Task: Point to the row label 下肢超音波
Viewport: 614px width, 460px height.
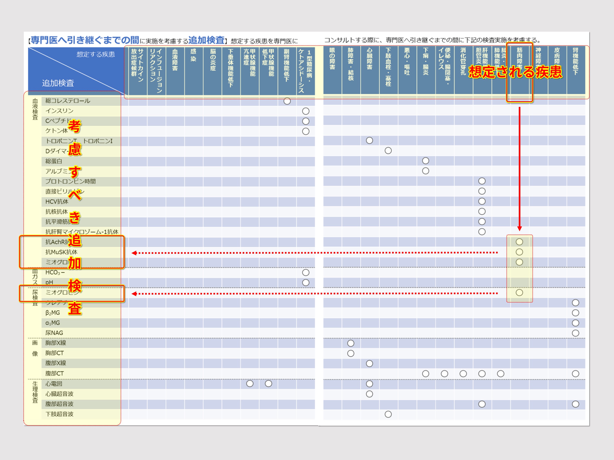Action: pos(59,414)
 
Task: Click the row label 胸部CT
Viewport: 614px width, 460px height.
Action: pos(55,353)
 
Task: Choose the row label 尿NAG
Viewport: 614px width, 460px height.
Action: pos(54,333)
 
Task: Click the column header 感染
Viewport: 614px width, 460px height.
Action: pos(193,55)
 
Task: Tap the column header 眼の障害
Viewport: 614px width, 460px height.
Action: pos(332,59)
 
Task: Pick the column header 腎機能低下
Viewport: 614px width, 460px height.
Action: pos(575,61)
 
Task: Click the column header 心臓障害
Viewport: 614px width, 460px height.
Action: pos(370,59)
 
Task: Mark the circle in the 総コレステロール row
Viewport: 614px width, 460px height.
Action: pos(287,101)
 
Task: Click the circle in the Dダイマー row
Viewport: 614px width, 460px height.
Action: pos(388,150)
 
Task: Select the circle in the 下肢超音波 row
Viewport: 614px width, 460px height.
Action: pos(388,414)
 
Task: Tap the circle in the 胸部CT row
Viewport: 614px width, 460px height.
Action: pos(351,353)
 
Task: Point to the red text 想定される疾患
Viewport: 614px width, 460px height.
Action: pos(515,72)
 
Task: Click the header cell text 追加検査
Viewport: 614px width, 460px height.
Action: pos(58,83)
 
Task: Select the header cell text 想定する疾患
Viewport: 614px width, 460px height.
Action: pos(95,54)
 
